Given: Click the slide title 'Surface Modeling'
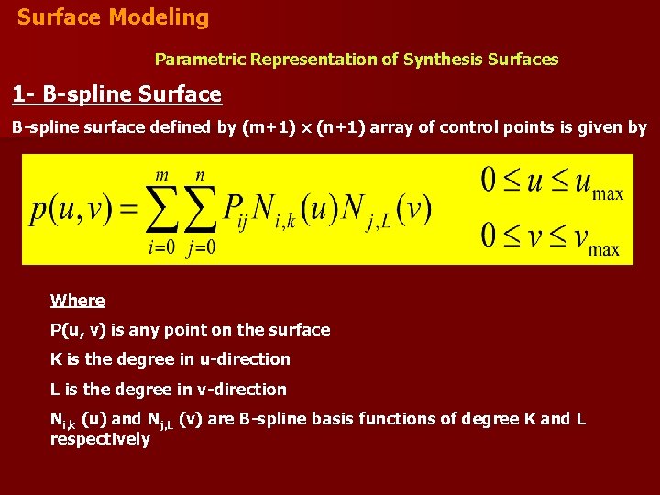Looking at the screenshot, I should (113, 17).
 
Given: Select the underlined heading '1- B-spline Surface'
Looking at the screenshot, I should (116, 94).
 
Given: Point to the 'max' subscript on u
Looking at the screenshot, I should (607, 194).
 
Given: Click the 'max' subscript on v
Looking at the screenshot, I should (603, 248).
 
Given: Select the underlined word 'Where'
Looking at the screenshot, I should (78, 301).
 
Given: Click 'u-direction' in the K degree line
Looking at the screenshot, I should (247, 359).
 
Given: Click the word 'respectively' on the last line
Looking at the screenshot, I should (100, 439).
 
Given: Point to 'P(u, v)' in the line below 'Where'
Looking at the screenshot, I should (78, 330).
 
